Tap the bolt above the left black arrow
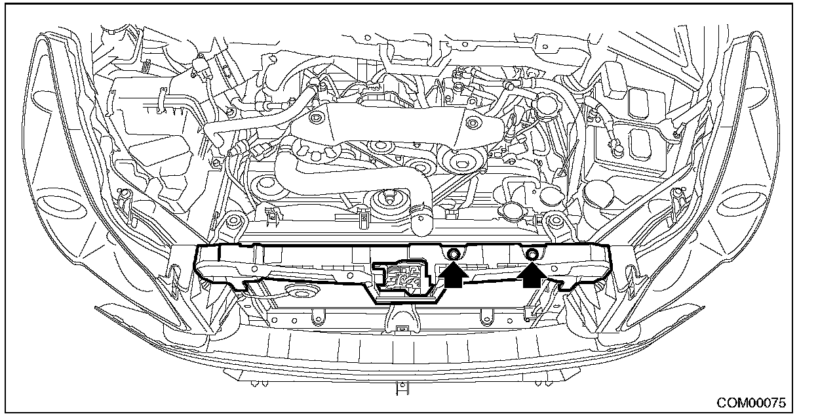(453, 254)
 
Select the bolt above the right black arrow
(532, 253)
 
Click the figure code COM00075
(751, 403)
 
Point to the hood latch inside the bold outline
(401, 277)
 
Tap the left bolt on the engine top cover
(315, 118)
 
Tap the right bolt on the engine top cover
(473, 123)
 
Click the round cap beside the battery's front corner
(598, 192)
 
